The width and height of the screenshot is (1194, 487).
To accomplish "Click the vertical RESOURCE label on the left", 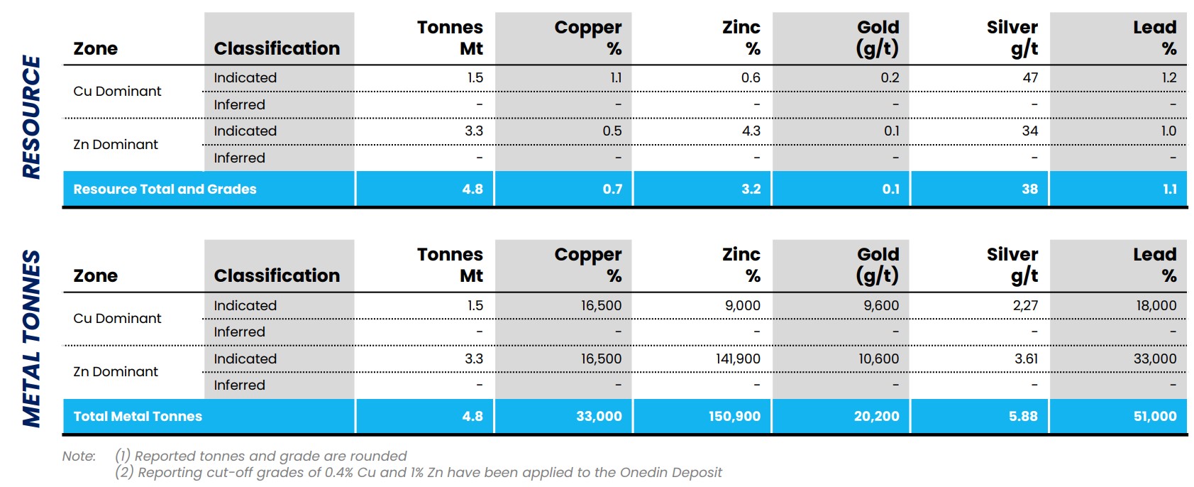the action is pyautogui.click(x=31, y=117).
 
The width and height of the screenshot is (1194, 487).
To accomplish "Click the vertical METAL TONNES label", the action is pyautogui.click(x=31, y=339).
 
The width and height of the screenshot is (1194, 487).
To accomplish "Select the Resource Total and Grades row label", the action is pyautogui.click(x=165, y=189).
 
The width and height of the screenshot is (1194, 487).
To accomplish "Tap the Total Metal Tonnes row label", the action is pyautogui.click(x=138, y=416).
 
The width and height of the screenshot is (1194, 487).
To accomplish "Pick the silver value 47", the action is pyautogui.click(x=1030, y=78).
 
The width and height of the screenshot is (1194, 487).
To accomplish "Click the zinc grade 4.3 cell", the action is pyautogui.click(x=751, y=131).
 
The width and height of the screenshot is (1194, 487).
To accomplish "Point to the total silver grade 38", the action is pyautogui.click(x=1030, y=189).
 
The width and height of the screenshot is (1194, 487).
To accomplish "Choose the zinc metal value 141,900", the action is pyautogui.click(x=738, y=359).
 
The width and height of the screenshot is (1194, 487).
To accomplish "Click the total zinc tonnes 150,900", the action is pyautogui.click(x=734, y=416).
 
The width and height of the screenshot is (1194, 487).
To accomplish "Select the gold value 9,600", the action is pyautogui.click(x=881, y=305).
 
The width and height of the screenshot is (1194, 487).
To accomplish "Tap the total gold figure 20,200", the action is pyautogui.click(x=876, y=416).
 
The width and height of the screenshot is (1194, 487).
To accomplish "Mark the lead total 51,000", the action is pyautogui.click(x=1155, y=416).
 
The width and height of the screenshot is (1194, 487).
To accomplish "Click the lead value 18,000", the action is pyautogui.click(x=1156, y=305).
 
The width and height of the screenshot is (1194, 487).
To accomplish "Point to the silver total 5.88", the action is pyautogui.click(x=1023, y=416).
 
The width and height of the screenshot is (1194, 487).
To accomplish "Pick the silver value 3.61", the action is pyautogui.click(x=1026, y=359).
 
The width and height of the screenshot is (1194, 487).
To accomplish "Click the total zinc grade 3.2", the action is pyautogui.click(x=751, y=189).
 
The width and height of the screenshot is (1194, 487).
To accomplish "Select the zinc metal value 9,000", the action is pyautogui.click(x=743, y=305).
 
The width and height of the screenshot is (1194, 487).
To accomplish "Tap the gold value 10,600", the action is pyautogui.click(x=878, y=359).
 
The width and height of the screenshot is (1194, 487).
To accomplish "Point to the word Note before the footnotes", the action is pyautogui.click(x=79, y=456).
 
